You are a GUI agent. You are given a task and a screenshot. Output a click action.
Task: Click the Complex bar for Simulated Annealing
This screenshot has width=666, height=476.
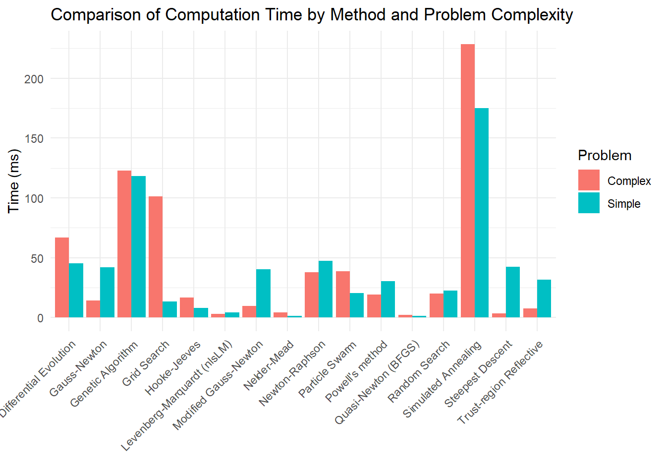coord(467,181)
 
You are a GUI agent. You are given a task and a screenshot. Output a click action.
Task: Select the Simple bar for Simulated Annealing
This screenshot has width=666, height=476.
coord(482,213)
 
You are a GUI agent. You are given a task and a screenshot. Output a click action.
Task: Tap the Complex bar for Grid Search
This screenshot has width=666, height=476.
coord(156,257)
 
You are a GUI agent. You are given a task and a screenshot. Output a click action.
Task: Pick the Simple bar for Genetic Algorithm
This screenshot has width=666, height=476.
coord(139,246)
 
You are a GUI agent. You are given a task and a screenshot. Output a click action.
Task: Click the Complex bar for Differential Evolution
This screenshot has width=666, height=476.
coord(62,278)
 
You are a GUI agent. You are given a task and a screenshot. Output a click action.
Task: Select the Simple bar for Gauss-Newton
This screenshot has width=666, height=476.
coord(107,293)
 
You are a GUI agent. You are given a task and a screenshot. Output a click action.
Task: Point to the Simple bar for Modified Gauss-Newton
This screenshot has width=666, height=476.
coord(263,293)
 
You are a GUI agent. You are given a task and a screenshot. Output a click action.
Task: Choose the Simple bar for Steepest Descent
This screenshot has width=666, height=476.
coord(513,292)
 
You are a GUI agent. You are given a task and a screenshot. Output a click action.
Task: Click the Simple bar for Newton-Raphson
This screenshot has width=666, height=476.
coord(326,289)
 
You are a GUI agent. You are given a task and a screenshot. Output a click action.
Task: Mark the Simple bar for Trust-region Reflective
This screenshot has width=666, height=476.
coord(544,298)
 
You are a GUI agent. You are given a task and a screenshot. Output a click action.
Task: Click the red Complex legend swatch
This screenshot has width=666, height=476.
coord(589,180)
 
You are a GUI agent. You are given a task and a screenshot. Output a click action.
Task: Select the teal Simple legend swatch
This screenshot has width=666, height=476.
coord(589,203)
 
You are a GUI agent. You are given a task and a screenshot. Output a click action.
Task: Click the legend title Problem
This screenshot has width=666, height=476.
coord(605,156)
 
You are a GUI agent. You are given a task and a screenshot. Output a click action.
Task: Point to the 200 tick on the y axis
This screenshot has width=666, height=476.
coord(34,79)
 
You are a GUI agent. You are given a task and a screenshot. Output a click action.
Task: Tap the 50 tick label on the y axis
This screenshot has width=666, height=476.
coord(37,258)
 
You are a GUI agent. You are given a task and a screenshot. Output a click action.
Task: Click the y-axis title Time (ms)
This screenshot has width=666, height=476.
coord(14,181)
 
